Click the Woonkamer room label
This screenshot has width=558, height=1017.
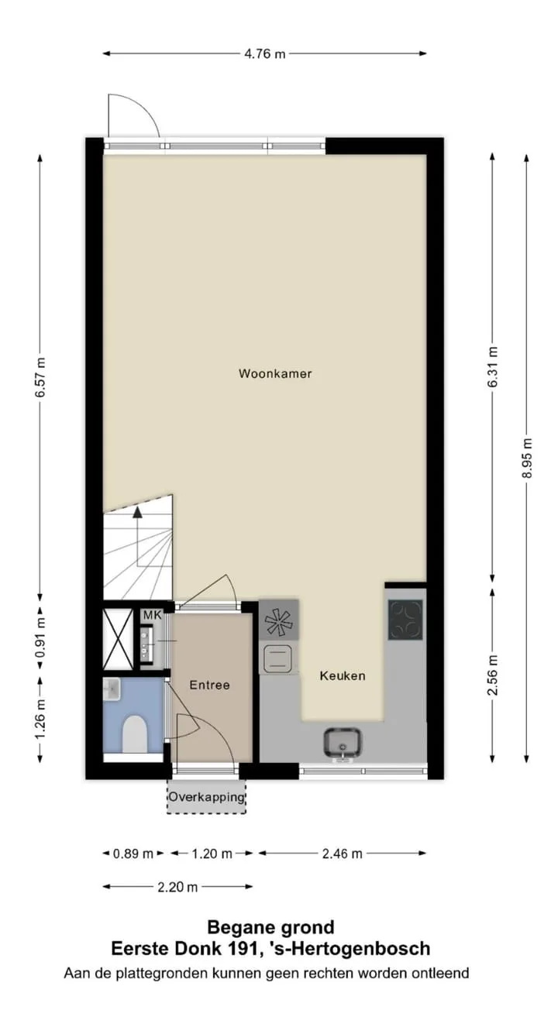click(x=275, y=373)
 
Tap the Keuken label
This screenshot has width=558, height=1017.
click(x=343, y=675)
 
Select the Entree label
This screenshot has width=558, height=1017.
click(x=209, y=685)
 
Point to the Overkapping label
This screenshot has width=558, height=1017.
click(x=207, y=797)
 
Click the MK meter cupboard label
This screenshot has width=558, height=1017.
click(x=152, y=615)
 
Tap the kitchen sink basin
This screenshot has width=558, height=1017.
click(x=343, y=743)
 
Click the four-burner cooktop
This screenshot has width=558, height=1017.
click(x=405, y=620)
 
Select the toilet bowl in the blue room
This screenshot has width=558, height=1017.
click(x=135, y=734)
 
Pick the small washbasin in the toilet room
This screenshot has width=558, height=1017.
click(x=112, y=689)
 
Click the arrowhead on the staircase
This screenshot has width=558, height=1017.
click(x=137, y=512)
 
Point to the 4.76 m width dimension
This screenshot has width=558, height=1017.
click(x=265, y=53)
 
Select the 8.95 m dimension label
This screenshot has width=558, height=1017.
click(x=527, y=458)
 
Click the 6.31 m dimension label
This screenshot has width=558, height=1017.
click(x=493, y=367)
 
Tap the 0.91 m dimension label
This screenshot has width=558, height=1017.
click(x=40, y=637)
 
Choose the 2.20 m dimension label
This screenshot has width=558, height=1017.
click(x=177, y=887)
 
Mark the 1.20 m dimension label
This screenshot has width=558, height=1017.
click(x=212, y=854)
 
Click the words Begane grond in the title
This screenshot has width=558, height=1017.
click(x=270, y=927)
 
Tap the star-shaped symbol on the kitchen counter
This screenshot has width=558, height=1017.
click(x=278, y=620)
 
